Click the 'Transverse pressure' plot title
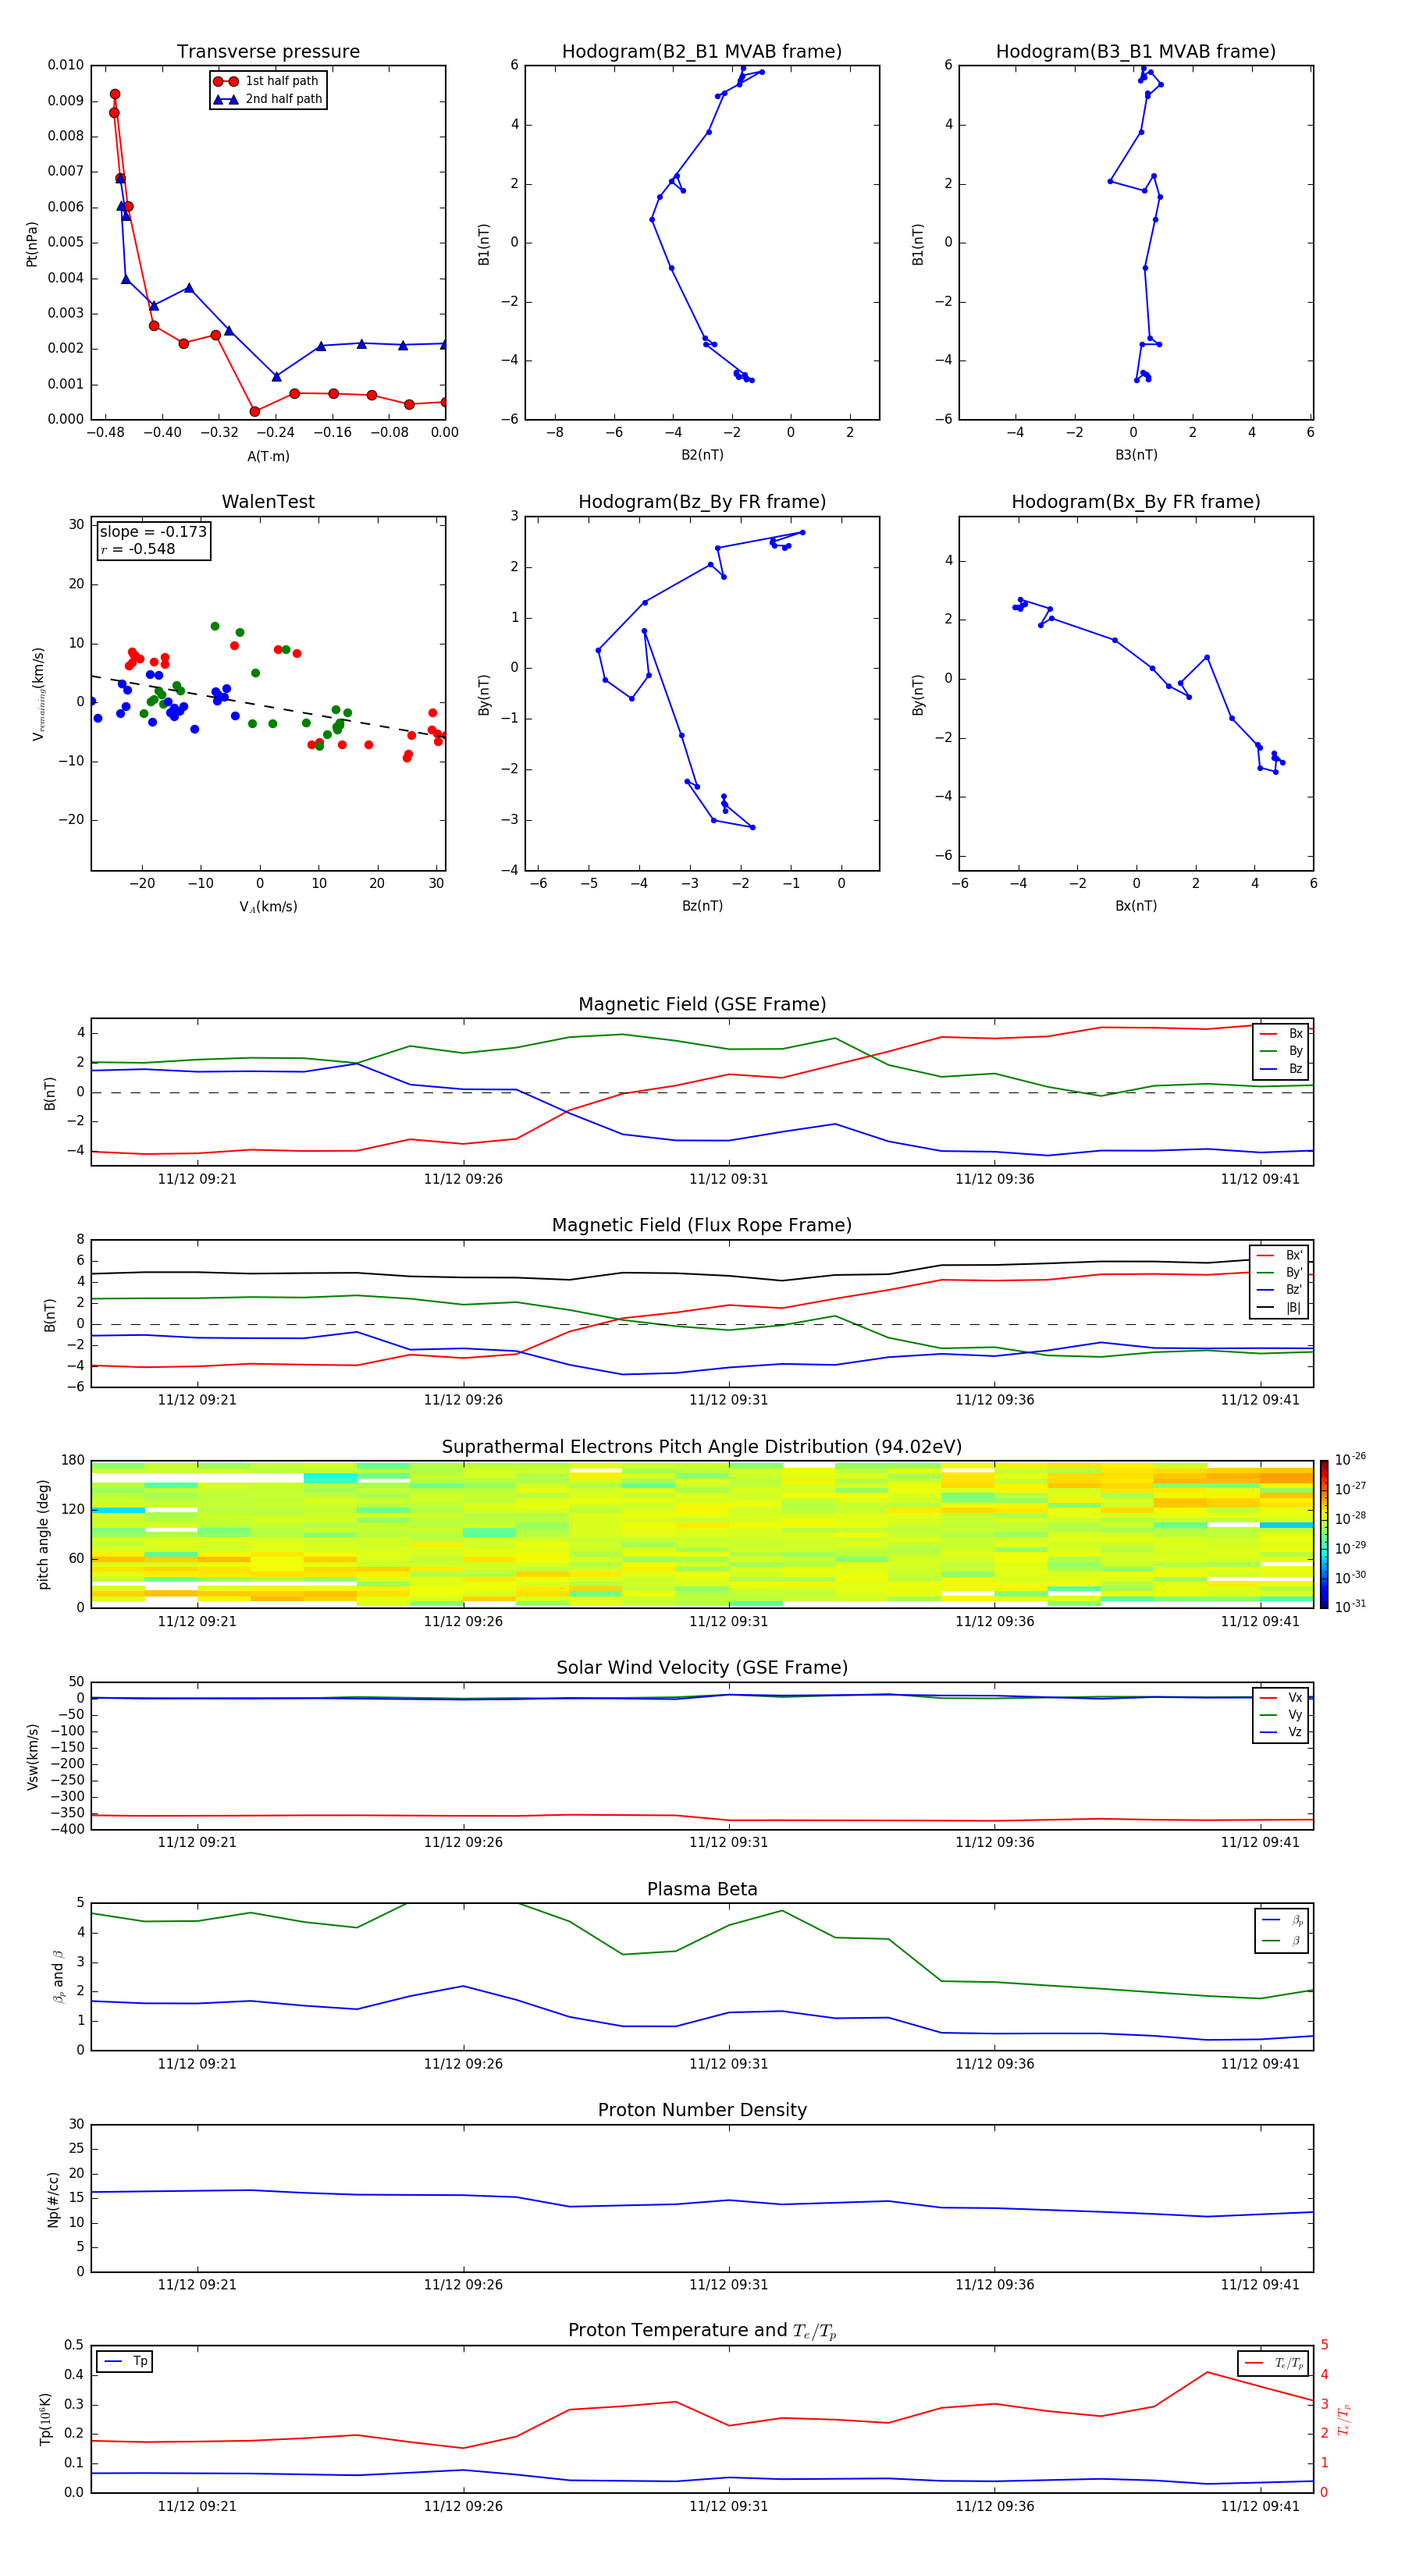point(268,52)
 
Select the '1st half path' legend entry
point(281,81)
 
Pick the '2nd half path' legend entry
point(283,99)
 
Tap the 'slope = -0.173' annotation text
point(153,532)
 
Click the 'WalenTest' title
point(268,502)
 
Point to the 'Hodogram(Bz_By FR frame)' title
point(702,502)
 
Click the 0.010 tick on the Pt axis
point(66,65)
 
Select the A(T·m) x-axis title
point(268,456)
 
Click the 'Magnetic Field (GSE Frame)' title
point(702,1004)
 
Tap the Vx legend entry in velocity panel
point(1294,1697)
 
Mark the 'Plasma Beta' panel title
point(702,1889)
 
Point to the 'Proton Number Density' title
point(702,2110)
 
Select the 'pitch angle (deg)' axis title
point(44,1534)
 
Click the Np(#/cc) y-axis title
point(54,2199)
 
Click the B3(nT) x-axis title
point(1136,455)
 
